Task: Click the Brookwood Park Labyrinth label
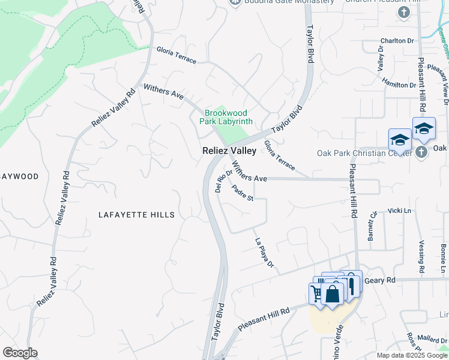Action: tap(228, 117)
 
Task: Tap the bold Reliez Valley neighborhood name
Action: tap(229, 151)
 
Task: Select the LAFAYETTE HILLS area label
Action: tap(137, 215)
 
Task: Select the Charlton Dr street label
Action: tap(397, 41)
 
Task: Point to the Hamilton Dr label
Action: tap(399, 85)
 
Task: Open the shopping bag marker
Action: tap(332, 294)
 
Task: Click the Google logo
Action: tap(20, 353)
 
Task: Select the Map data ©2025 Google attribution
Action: tap(411, 355)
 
